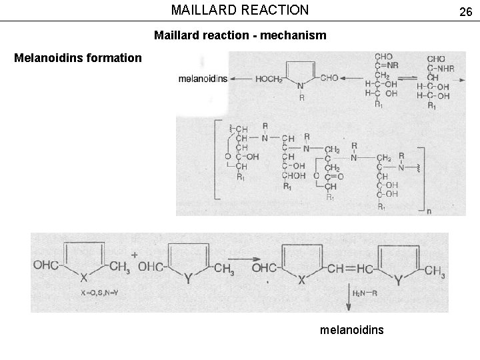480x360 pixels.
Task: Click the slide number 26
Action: [x=465, y=11]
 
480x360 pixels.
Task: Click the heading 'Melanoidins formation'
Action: [x=78, y=58]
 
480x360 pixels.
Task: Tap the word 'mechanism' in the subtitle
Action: [x=293, y=35]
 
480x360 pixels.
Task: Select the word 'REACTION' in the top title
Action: [x=275, y=10]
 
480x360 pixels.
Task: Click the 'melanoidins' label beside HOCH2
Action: [x=203, y=79]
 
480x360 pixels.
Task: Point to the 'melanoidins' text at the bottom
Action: [x=352, y=329]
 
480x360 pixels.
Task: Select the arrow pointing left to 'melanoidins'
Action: [x=241, y=79]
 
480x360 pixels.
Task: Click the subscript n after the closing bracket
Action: [x=430, y=211]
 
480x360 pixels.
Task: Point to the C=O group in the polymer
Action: [x=335, y=177]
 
